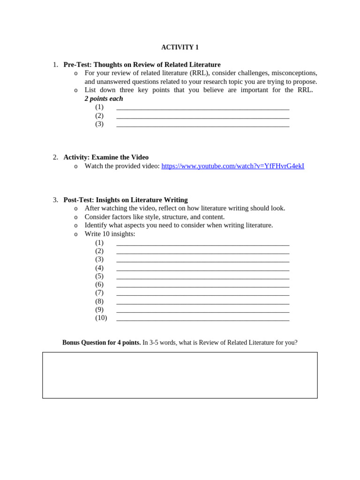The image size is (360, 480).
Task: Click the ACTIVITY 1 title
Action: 180,47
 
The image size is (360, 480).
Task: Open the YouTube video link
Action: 232,166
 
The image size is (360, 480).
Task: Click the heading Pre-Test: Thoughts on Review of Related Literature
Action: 142,65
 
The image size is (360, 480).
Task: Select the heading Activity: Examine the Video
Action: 106,157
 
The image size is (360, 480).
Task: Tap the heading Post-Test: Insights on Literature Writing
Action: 126,200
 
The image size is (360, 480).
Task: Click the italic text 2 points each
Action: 104,98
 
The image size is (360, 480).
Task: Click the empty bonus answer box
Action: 180,375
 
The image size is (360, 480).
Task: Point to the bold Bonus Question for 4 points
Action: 101,343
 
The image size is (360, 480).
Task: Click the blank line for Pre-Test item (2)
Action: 202,117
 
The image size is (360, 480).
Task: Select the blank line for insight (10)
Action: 202,319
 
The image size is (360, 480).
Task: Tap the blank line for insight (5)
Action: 202,277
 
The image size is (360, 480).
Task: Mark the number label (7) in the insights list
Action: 99,293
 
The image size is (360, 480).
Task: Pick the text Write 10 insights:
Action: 110,234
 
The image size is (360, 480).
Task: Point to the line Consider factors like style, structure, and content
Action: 155,217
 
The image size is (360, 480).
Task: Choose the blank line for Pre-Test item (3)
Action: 202,125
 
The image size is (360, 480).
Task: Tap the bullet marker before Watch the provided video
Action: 76,166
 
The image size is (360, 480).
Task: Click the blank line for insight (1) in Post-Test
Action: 202,244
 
